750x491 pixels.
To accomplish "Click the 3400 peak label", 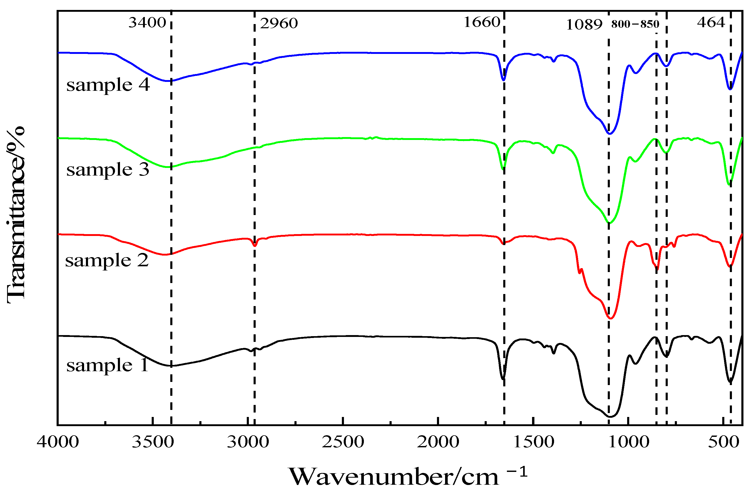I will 147,23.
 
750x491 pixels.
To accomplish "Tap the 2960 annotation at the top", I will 279,24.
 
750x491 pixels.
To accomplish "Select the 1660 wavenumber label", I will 482,22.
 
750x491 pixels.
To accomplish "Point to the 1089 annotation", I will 584,25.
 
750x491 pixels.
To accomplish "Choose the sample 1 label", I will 107,365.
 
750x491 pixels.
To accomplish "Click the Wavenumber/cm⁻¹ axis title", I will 408,476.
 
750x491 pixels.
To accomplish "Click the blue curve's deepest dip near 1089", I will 610,134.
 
